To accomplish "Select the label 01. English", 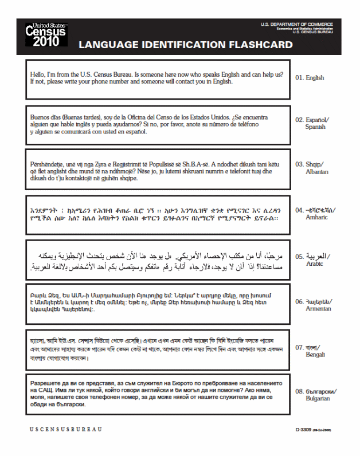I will click(310, 78).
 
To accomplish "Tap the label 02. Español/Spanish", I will click(312, 124).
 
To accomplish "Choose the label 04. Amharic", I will click(315, 214).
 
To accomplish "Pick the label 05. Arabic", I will click(312, 260).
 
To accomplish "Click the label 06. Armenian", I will click(313, 305).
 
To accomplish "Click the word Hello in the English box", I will click(38, 74).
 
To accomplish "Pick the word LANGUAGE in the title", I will click(109, 44).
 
